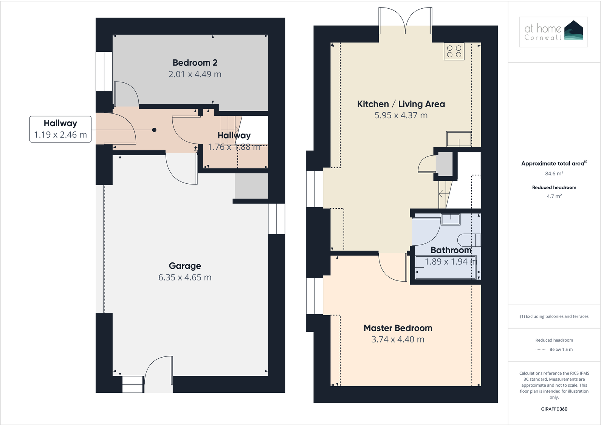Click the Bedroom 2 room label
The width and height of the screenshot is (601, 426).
(195, 63)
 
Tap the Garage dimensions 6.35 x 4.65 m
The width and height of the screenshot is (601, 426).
(185, 277)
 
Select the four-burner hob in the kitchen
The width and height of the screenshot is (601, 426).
(454, 51)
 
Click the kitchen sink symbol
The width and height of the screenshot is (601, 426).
(459, 139)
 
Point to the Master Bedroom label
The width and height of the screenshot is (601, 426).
(398, 328)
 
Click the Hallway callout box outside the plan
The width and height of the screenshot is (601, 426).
(60, 129)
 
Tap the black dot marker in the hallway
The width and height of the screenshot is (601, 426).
(154, 130)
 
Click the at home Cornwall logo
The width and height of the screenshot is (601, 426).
(553, 32)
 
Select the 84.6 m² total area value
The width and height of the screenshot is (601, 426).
(554, 173)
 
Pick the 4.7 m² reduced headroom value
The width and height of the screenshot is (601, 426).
(554, 196)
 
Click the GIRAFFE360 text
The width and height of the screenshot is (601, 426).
(554, 409)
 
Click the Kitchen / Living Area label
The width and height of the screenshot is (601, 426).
(401, 104)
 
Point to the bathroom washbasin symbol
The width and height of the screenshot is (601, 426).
(451, 219)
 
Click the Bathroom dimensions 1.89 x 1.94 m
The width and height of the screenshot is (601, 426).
(451, 262)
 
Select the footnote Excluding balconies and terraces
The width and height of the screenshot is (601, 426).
(554, 316)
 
